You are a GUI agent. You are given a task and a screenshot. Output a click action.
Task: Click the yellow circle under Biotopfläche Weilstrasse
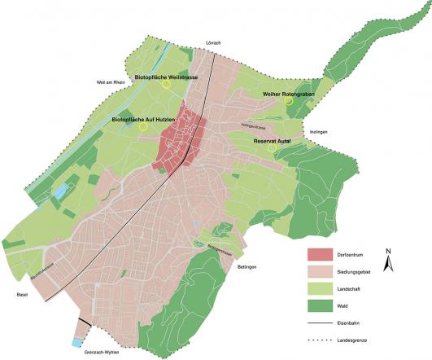(165, 83)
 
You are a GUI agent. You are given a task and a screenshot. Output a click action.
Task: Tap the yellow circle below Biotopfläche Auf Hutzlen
(143, 127)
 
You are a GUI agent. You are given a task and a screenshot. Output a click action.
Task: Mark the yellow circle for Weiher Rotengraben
(288, 102)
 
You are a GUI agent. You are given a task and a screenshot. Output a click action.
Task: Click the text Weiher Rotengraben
(288, 94)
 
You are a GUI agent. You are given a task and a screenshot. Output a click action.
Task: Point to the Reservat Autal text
(277, 140)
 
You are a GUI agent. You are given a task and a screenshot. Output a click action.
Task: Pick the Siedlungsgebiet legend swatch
(323, 271)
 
